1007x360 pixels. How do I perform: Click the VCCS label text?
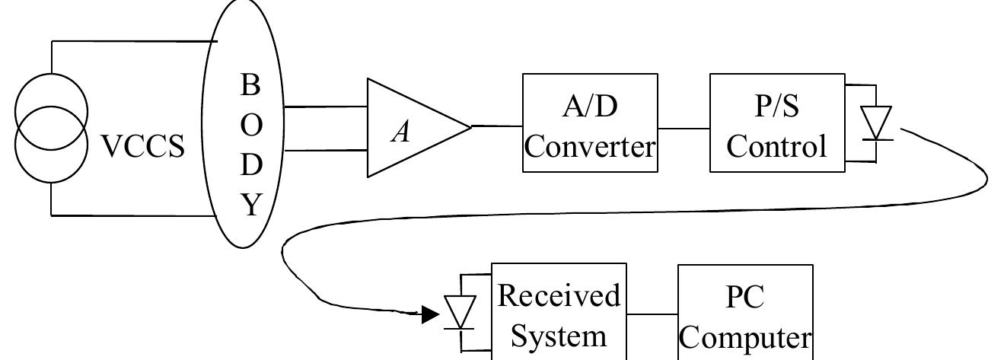[143, 146]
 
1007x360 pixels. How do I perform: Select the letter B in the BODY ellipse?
[250, 85]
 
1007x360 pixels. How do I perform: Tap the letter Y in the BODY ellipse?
[251, 205]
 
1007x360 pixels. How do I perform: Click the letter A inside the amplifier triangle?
[401, 132]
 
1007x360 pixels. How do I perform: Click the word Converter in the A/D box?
[590, 146]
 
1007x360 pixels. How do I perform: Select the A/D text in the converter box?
[590, 107]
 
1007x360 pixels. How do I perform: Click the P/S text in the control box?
[776, 107]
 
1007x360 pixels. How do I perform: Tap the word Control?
[776, 146]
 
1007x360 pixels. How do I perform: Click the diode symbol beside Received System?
[460, 312]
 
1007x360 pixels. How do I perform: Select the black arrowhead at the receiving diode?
[431, 314]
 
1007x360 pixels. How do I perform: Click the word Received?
[559, 295]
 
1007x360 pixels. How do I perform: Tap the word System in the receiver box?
[559, 335]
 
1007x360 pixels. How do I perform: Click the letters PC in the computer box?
[744, 297]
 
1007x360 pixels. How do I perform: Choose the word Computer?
[744, 337]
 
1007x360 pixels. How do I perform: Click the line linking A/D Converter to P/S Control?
[684, 128]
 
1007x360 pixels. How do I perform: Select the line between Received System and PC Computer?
[652, 314]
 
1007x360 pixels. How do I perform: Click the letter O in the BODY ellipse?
[251, 125]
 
